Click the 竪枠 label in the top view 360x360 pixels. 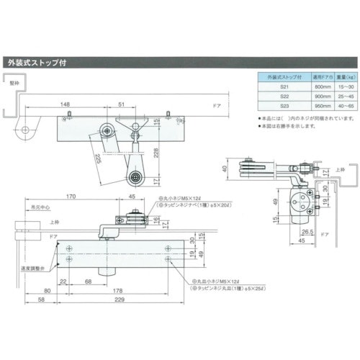point(13,84)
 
